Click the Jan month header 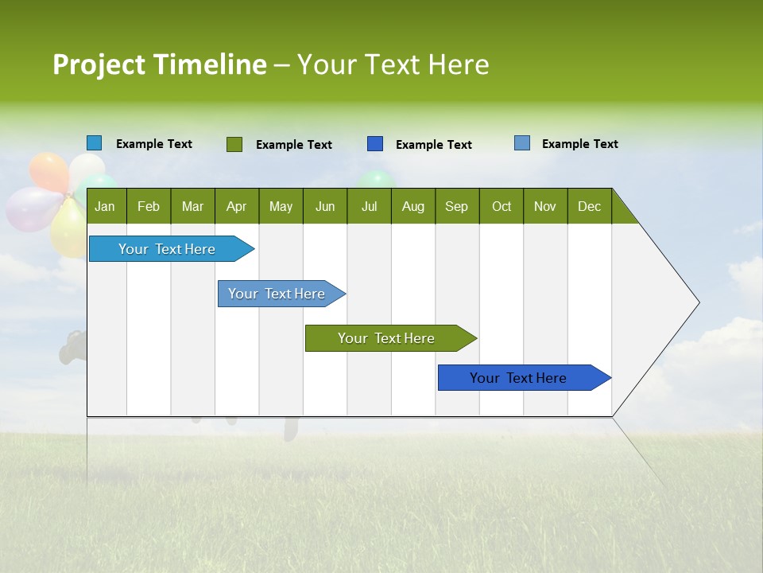tap(105, 207)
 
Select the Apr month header tap(236, 207)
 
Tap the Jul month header tap(369, 207)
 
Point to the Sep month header tap(456, 207)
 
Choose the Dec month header tap(589, 207)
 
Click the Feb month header tap(149, 207)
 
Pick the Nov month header tap(544, 207)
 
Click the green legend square tap(234, 144)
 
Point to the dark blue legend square tap(375, 144)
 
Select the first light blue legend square tap(95, 143)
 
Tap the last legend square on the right tap(522, 143)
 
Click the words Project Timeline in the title tap(160, 64)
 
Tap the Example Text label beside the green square tap(294, 145)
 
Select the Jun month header tap(325, 207)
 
